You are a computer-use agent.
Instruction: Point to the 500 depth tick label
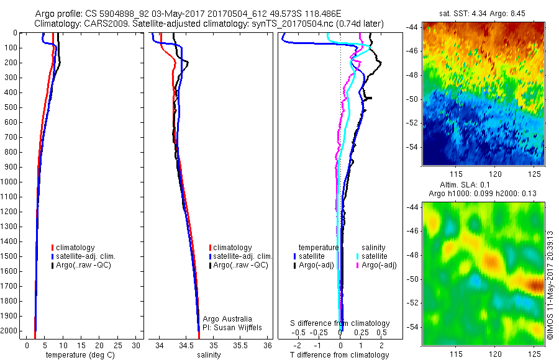point(11,107)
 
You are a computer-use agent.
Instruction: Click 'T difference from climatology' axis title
point(339,355)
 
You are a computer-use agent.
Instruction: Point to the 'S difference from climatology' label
point(340,323)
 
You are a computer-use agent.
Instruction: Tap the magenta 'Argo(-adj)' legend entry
point(379,265)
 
